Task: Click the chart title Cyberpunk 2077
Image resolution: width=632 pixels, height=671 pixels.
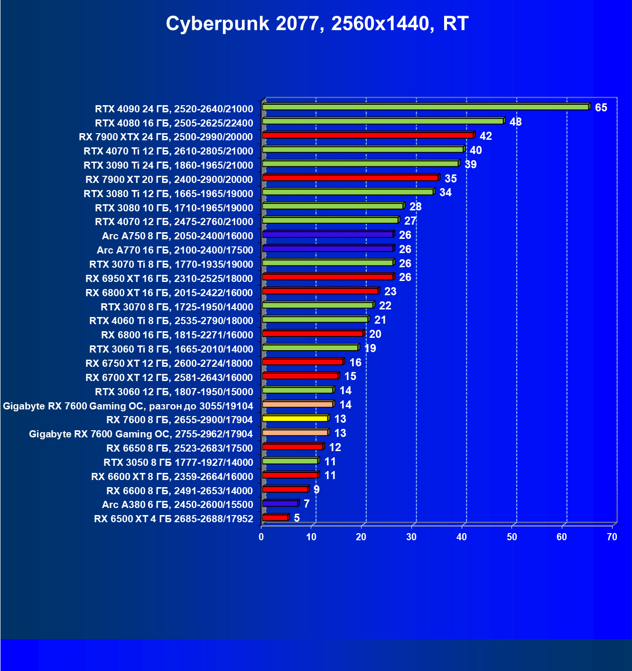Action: point(317,24)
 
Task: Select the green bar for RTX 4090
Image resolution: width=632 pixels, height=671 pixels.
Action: point(426,107)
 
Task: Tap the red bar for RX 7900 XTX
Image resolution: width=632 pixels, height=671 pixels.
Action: point(368,136)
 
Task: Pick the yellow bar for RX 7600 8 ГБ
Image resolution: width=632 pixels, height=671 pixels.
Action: point(295,418)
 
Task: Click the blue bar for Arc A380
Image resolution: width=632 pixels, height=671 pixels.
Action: point(280,503)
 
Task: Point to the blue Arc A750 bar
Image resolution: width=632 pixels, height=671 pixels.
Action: point(327,235)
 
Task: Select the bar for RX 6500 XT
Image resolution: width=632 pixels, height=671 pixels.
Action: point(275,517)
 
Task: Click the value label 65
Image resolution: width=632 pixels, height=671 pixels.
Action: point(601,108)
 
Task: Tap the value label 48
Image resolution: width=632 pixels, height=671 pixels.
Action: point(515,122)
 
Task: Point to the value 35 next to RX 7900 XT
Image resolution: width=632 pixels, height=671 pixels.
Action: point(450,179)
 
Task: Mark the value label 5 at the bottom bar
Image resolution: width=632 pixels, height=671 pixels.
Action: point(297,518)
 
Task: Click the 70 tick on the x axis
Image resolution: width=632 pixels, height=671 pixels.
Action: point(612,537)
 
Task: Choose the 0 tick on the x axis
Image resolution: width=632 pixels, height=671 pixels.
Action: point(261,537)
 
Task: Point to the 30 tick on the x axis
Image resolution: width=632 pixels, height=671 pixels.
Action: point(411,537)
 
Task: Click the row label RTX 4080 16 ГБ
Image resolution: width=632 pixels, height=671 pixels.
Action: point(174,123)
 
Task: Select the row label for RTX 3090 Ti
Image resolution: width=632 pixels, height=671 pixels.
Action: point(168,165)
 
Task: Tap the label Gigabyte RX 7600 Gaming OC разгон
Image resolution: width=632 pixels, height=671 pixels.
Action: point(128,406)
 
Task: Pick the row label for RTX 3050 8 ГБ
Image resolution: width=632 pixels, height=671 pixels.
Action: point(178,462)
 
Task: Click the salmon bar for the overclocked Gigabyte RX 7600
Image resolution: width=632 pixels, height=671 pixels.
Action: point(297,404)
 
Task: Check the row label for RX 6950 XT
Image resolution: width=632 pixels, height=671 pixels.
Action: point(169,279)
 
